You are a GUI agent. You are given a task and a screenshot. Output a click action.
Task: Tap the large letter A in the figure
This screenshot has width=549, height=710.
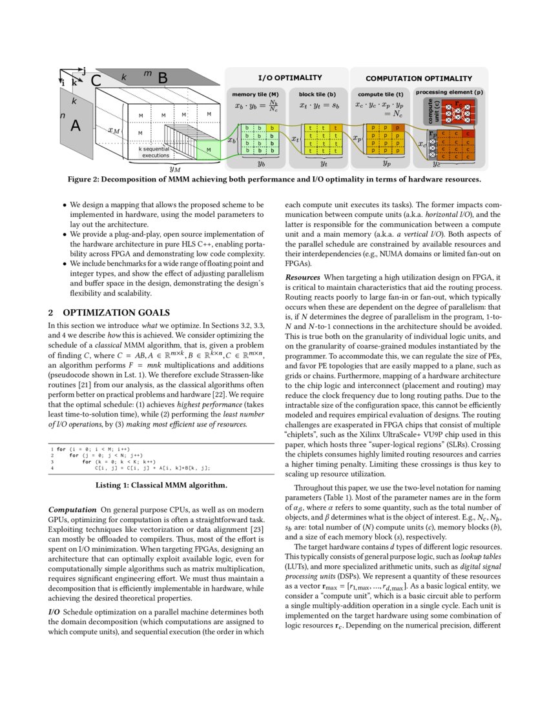point(75,127)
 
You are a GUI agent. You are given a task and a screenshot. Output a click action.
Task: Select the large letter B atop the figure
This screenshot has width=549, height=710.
point(163,78)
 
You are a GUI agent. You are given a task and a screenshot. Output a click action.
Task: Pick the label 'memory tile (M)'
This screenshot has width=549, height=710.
point(256,94)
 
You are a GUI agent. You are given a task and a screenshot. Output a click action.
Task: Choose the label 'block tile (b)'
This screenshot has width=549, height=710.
point(313,94)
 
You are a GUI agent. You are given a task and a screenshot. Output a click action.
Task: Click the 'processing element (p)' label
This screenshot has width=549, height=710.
point(449,92)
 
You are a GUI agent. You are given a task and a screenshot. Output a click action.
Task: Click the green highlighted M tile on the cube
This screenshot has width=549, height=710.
point(208,150)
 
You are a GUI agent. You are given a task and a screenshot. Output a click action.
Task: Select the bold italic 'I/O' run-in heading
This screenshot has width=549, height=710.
point(56,611)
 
